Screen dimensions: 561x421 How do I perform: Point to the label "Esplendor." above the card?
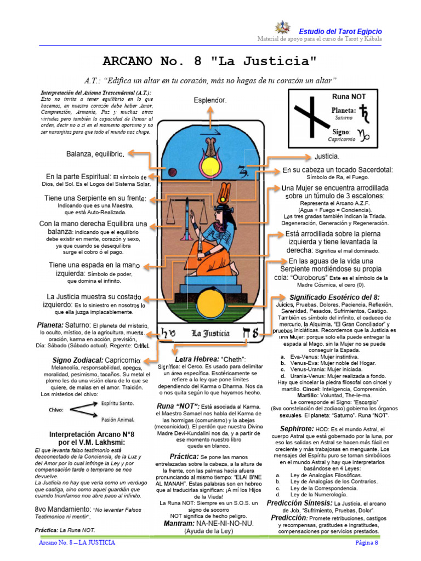pyautogui.click(x=210, y=100)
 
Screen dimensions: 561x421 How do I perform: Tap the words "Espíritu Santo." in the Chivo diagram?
pyautogui.click(x=116, y=402)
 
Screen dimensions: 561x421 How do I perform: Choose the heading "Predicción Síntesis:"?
pyautogui.click(x=299, y=502)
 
